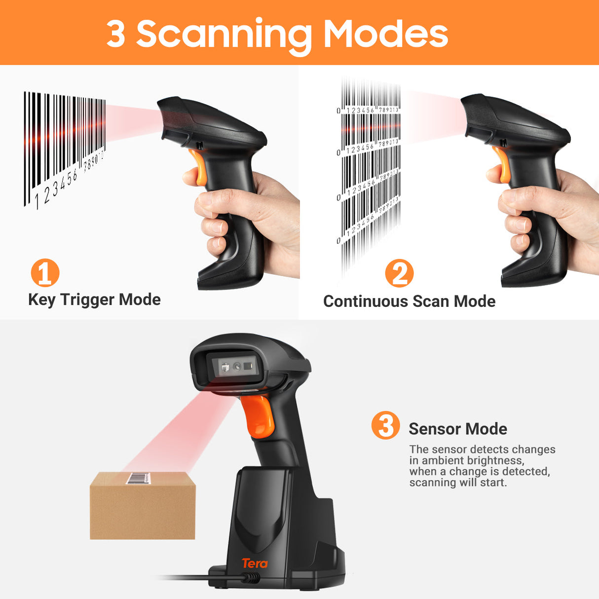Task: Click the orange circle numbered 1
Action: tap(45, 273)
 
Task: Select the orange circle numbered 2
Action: tap(399, 273)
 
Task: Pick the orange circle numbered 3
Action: tap(385, 425)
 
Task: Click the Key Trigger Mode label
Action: tap(94, 299)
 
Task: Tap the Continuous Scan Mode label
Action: tap(409, 301)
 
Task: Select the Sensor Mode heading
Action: tap(457, 429)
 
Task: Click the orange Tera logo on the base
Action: tap(255, 563)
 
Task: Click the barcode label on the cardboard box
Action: tap(139, 478)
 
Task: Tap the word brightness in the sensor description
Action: tap(494, 460)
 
